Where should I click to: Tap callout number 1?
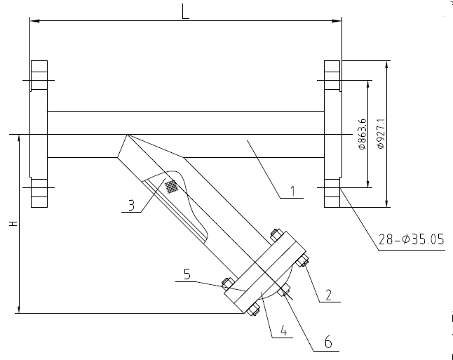point(292,189)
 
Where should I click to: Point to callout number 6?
point(327,344)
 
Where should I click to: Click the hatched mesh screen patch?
point(171,187)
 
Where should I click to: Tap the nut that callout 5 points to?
point(226,284)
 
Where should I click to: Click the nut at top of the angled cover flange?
point(275,234)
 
